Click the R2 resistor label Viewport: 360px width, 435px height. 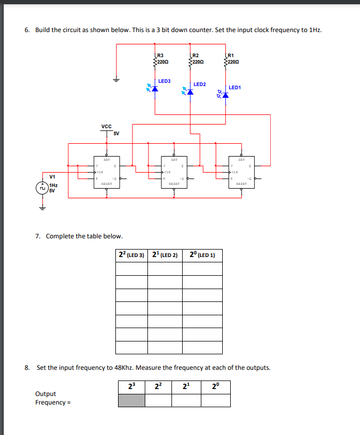point(195,56)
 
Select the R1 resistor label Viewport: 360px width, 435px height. point(231,56)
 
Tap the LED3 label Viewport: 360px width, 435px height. point(165,81)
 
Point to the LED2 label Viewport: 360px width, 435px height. point(199,84)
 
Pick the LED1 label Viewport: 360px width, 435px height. point(235,88)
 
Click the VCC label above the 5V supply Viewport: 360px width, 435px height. point(106,127)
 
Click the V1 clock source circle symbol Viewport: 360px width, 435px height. point(42,188)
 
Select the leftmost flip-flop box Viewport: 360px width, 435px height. point(106,172)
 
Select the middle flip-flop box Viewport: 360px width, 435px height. point(174,172)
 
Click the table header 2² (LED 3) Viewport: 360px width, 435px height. point(132,255)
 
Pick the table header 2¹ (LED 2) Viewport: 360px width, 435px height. point(165,255)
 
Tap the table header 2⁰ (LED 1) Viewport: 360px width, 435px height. point(202,255)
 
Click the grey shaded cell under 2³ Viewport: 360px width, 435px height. point(131,400)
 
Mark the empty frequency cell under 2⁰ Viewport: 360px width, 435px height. point(216,400)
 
